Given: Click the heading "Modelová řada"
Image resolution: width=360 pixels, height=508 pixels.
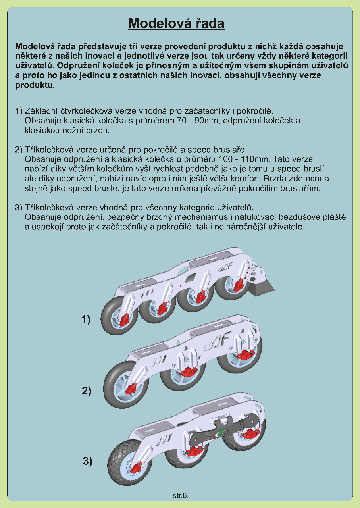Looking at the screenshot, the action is click(x=176, y=23).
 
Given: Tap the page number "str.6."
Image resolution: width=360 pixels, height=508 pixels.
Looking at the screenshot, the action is click(x=181, y=496).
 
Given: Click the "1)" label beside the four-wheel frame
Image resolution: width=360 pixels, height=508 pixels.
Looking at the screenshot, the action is click(x=86, y=319).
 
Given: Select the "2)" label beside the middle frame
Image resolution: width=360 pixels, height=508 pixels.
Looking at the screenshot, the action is click(x=87, y=391).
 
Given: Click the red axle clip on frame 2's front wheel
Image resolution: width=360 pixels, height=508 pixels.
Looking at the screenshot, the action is click(x=131, y=389).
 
